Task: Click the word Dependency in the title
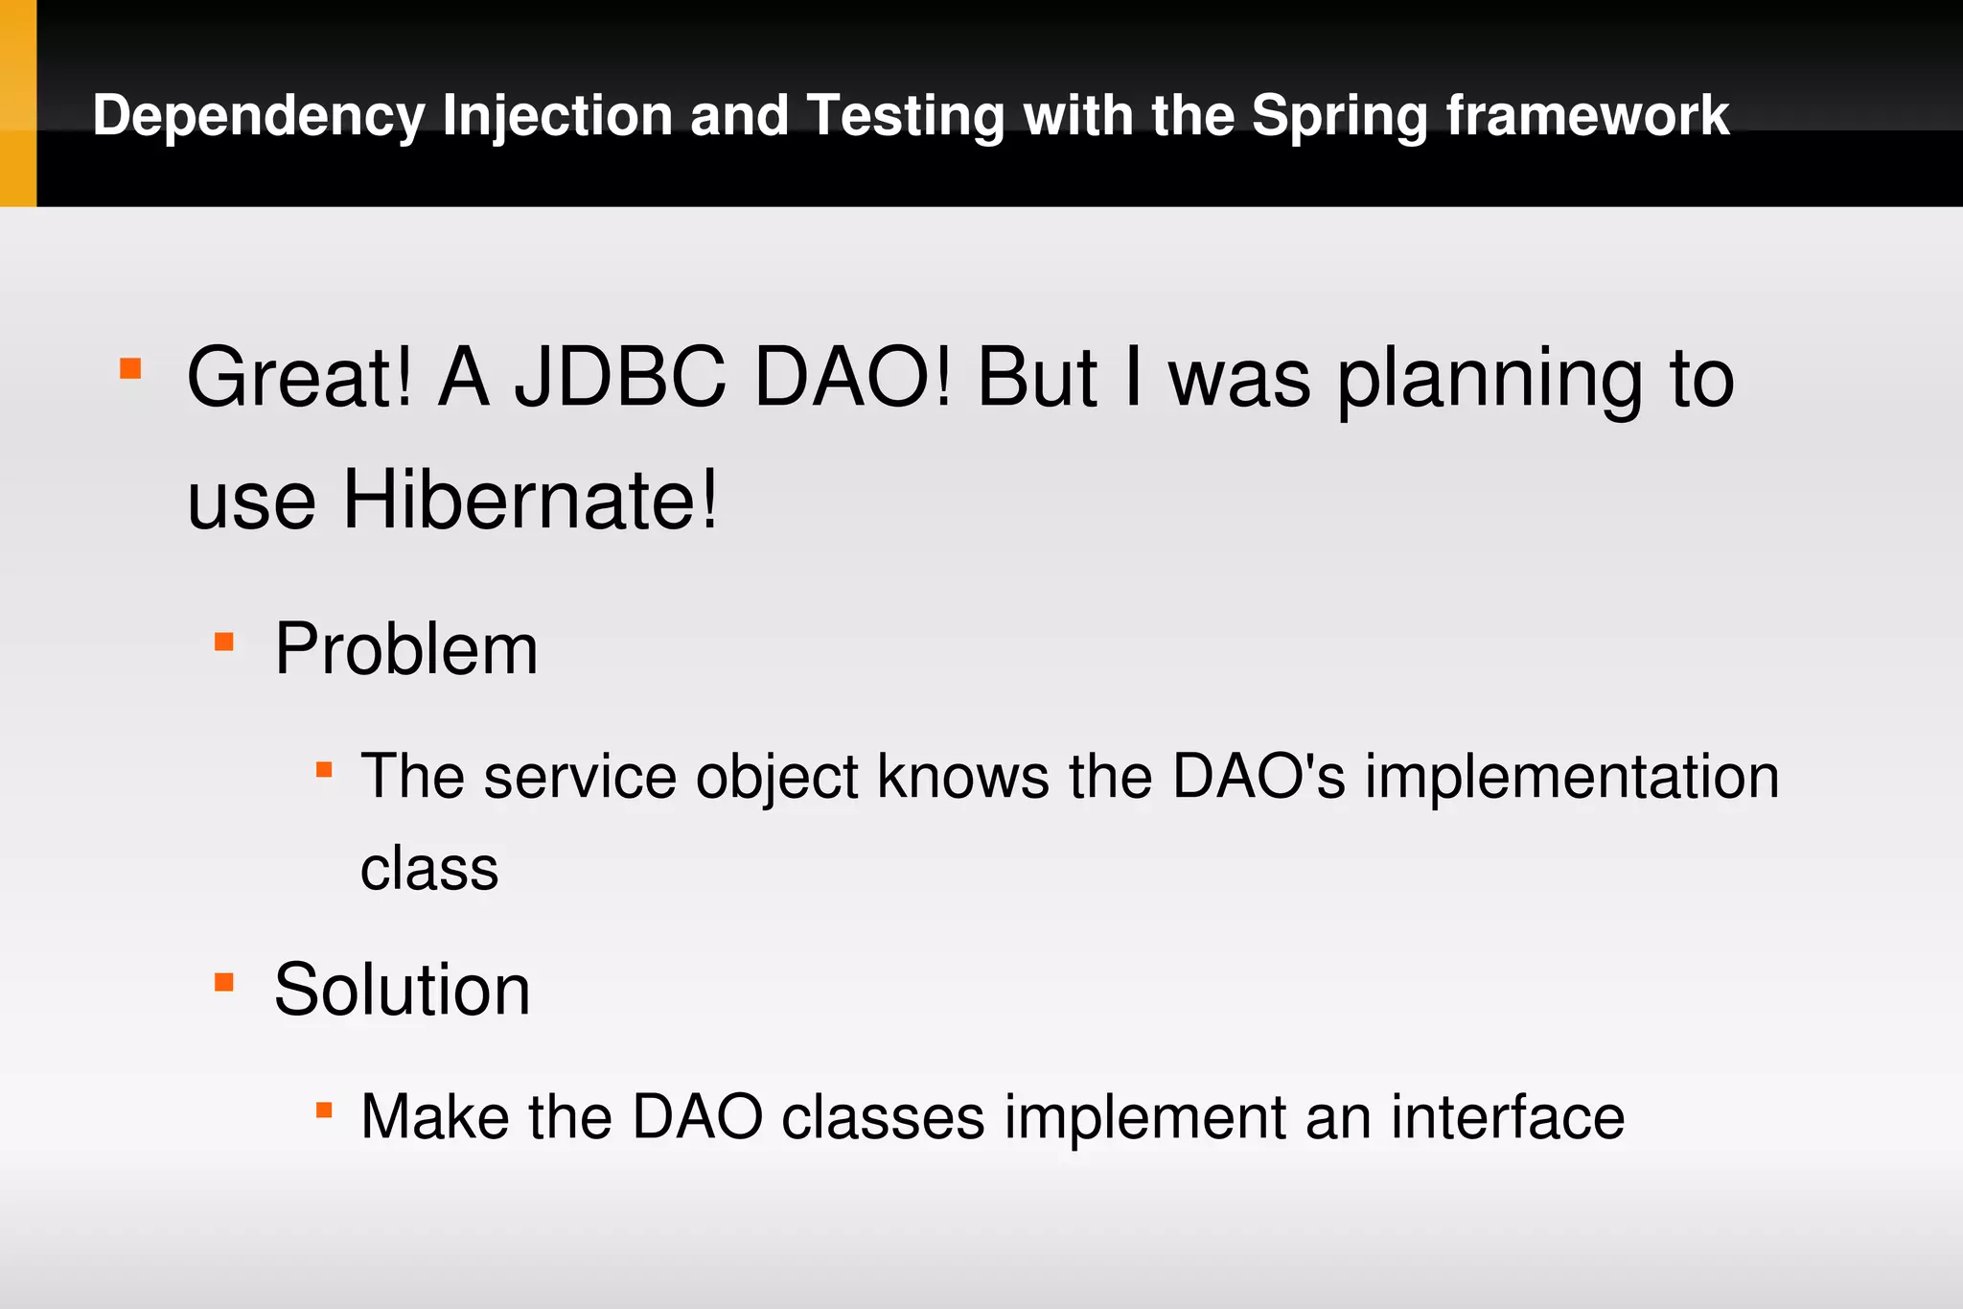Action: click(258, 116)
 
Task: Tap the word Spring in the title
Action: click(1339, 116)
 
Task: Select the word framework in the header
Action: click(1588, 116)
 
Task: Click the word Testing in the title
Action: click(906, 116)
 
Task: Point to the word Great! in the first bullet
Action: click(300, 378)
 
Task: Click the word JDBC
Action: click(620, 378)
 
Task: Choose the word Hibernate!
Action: click(530, 500)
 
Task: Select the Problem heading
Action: click(406, 649)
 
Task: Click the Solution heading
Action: click(402, 990)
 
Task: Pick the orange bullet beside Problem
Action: click(224, 642)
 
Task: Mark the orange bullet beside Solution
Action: click(224, 982)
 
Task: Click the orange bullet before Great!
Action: click(130, 369)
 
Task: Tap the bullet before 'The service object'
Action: click(324, 769)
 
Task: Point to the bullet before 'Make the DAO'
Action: click(324, 1110)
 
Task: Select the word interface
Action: click(1508, 1117)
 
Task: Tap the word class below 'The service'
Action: click(429, 869)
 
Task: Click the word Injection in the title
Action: click(558, 116)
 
